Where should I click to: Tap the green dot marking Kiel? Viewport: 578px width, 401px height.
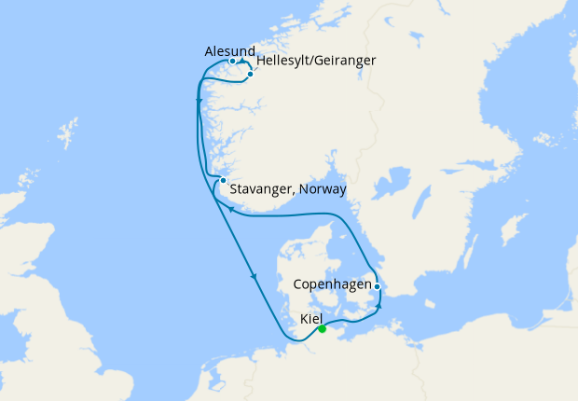[322, 328]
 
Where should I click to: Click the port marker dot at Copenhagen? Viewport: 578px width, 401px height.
[377, 286]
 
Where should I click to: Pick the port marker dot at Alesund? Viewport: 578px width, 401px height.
[232, 62]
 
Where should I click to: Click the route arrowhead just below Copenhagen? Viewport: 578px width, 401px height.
[379, 305]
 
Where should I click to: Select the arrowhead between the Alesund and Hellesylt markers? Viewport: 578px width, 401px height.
[242, 62]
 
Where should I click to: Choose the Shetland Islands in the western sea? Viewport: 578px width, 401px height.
[70, 131]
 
